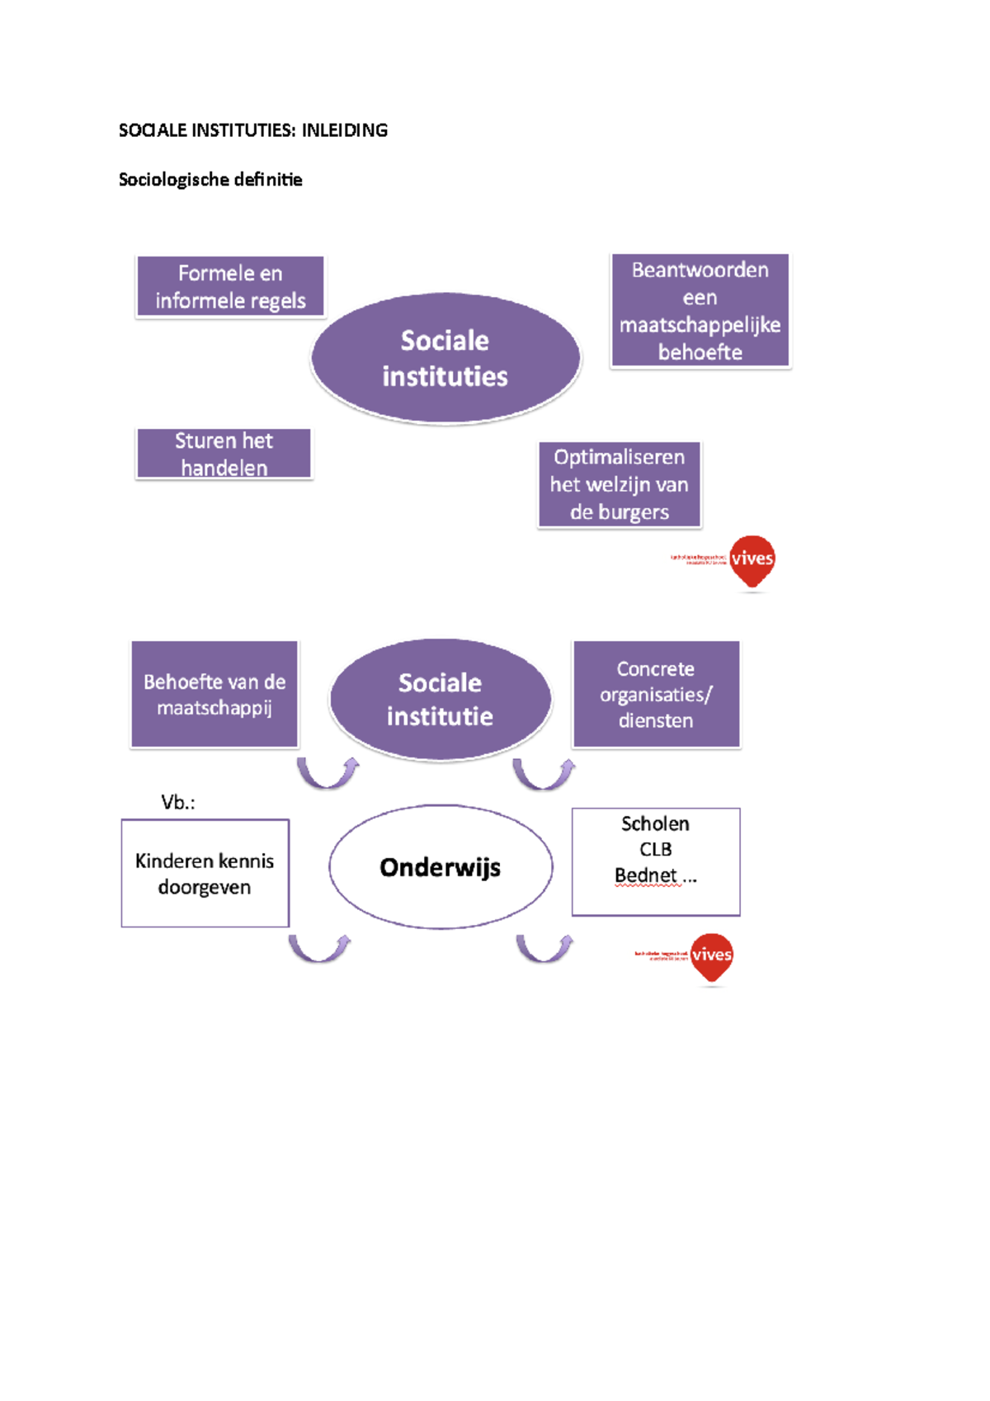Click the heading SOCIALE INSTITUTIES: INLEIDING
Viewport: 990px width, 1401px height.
(x=252, y=130)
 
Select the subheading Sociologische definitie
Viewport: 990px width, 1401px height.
(x=210, y=180)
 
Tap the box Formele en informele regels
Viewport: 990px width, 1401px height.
(x=230, y=286)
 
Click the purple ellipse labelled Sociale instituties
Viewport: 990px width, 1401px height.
(x=445, y=358)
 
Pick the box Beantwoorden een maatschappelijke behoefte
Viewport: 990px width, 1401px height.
(x=700, y=310)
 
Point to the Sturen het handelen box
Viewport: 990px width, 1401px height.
(x=224, y=454)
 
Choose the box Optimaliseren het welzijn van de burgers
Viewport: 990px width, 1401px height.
(x=619, y=484)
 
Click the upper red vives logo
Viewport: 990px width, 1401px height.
(x=752, y=560)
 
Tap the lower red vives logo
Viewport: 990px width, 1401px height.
(x=711, y=956)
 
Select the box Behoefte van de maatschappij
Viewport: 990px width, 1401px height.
(x=214, y=694)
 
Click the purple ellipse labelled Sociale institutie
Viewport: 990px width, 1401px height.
(x=440, y=699)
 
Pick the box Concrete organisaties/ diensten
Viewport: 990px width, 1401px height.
(x=656, y=694)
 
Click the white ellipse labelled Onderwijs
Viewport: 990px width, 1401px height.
(x=440, y=867)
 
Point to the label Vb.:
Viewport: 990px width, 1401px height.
(x=178, y=802)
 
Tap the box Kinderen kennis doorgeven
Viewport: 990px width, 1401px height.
(x=205, y=873)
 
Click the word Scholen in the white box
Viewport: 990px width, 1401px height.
(x=655, y=823)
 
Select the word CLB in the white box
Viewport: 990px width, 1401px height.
(x=655, y=849)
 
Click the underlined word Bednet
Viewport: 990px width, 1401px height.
(x=645, y=875)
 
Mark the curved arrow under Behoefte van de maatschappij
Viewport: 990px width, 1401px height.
(x=328, y=773)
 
